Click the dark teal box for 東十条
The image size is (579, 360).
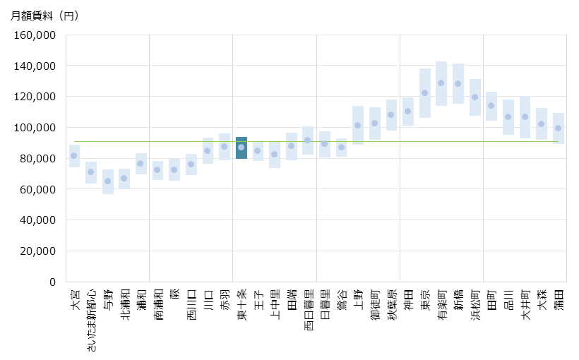pos(241,148)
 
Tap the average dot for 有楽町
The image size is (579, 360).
pos(441,83)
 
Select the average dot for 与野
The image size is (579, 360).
pos(108,181)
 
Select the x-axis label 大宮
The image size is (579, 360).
pos(75,298)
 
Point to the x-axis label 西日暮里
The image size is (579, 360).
pos(308,306)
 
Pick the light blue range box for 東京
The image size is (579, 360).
pos(425,93)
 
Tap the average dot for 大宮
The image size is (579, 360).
pos(74,156)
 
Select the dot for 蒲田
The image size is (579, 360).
pos(558,128)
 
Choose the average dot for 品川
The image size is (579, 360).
pos(508,117)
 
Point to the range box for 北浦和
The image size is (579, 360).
pos(124,179)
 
